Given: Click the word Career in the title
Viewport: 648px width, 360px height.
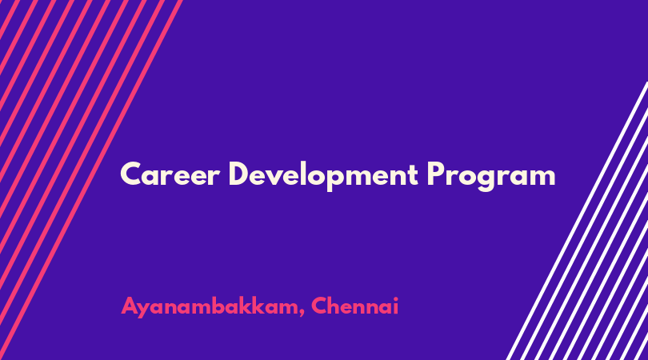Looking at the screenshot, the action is pyautogui.click(x=170, y=174).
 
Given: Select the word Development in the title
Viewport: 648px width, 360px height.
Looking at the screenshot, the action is pyautogui.click(x=323, y=176).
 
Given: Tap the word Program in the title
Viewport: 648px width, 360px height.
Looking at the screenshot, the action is pyautogui.click(x=491, y=176).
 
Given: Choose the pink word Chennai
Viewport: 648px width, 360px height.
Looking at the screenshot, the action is pyautogui.click(x=354, y=306).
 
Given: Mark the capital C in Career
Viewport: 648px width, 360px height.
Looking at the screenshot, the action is pyautogui.click(x=132, y=174).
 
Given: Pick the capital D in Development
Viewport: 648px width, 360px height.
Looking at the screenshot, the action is pyautogui.click(x=240, y=174).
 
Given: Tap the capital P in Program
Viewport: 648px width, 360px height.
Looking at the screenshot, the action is pyautogui.click(x=436, y=174).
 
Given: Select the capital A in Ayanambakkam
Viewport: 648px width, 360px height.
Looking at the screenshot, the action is pyautogui.click(x=130, y=306).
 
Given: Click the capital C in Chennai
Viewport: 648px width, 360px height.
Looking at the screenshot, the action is pyautogui.click(x=320, y=306).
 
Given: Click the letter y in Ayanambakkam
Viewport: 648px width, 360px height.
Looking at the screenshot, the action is pyautogui.click(x=146, y=310).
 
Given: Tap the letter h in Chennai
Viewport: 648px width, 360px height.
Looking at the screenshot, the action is pyautogui.click(x=336, y=306).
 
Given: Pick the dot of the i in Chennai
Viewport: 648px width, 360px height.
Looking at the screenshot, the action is pyautogui.click(x=395, y=298).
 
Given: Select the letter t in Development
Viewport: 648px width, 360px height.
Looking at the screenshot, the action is pyautogui.click(x=412, y=175).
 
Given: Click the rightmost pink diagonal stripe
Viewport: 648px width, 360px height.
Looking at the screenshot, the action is pyautogui.click(x=90, y=180).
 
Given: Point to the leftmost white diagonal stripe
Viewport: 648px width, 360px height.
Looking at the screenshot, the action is pyautogui.click(x=578, y=221).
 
